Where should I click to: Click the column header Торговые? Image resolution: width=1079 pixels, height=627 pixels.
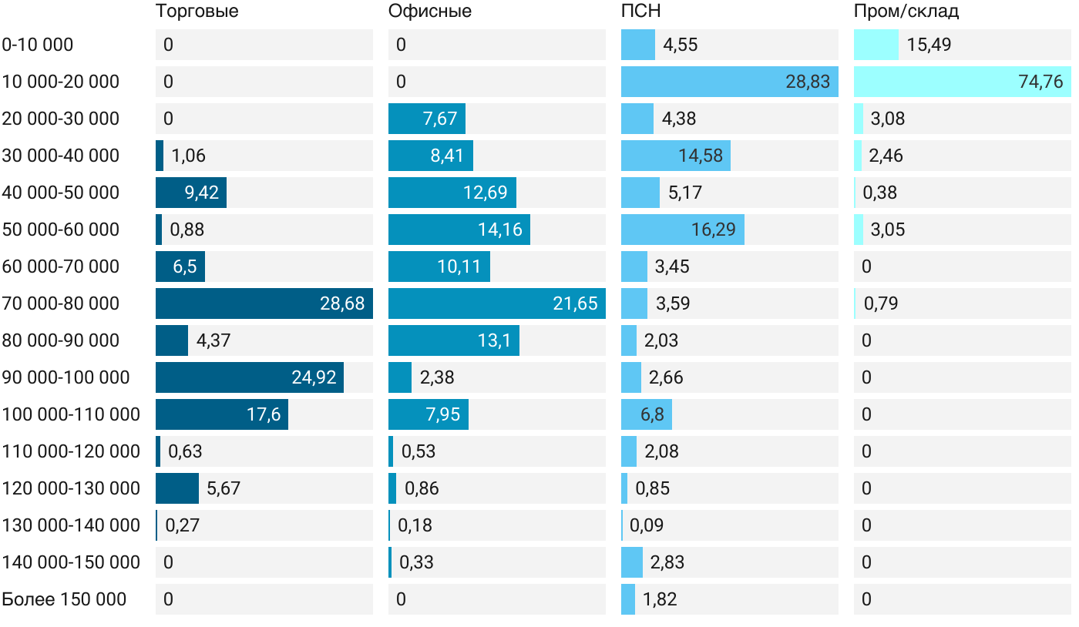197,12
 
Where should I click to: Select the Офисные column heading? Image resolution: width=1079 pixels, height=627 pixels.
430,12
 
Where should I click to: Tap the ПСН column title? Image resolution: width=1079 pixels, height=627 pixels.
641,12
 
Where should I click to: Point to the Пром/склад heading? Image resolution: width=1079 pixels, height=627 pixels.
906,12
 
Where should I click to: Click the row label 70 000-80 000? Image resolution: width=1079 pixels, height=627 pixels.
61,303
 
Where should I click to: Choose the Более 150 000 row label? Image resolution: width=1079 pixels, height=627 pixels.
64,599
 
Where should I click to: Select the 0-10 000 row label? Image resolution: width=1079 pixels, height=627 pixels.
38,45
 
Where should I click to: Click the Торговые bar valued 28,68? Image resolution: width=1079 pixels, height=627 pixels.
264,303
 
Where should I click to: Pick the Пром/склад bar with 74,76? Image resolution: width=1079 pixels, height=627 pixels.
962,82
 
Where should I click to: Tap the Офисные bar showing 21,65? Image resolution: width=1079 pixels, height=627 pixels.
496,303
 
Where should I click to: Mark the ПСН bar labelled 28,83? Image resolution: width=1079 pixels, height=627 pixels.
729,82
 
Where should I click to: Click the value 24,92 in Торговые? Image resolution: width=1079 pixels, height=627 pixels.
314,377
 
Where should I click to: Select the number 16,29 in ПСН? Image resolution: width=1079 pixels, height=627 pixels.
714,230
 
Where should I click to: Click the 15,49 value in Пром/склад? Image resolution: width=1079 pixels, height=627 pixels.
929,45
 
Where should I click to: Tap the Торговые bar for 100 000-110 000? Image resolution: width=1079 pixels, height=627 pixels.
221,414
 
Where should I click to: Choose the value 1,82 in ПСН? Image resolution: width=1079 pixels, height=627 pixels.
660,599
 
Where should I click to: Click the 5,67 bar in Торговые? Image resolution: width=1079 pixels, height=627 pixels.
177,488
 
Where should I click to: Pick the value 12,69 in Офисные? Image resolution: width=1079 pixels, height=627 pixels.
486,193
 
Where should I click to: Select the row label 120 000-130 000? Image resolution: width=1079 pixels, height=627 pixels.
71,488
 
